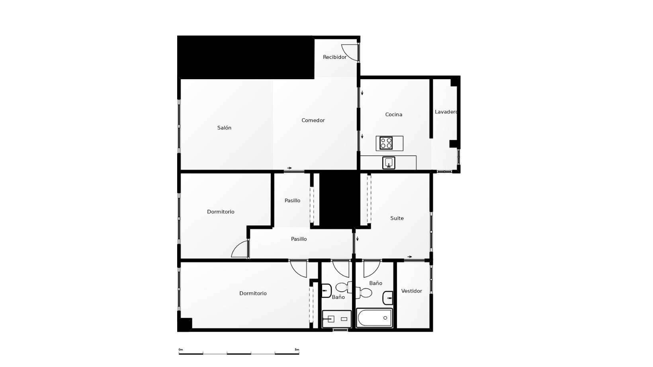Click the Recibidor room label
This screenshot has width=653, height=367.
[334, 57]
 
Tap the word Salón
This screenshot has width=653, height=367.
[224, 128]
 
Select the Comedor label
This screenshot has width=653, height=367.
[313, 120]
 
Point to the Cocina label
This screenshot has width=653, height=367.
[393, 115]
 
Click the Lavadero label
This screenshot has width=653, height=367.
[446, 111]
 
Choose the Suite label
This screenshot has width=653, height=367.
[397, 218]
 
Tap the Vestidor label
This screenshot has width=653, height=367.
[412, 291]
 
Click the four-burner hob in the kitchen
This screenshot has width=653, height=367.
[386, 143]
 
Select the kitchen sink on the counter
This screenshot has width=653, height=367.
[389, 163]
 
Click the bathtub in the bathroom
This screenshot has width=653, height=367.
[374, 318]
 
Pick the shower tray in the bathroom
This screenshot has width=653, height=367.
[337, 319]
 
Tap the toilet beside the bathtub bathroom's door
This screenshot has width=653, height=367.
[364, 293]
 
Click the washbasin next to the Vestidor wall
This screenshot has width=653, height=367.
[388, 298]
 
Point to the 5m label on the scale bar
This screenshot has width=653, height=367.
[297, 349]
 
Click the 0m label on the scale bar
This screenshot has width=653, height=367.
[181, 349]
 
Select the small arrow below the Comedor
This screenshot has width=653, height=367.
[289, 168]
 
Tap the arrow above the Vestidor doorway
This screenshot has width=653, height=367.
[410, 257]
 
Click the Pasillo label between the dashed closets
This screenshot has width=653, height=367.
[292, 201]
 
